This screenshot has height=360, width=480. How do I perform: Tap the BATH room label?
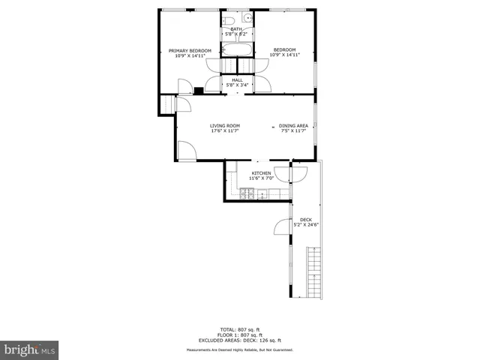[x=236, y=29]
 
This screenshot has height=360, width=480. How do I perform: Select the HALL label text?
[x=237, y=79]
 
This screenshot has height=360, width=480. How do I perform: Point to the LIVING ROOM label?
[x=224, y=125]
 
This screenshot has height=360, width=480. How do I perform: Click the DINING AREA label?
[x=293, y=125]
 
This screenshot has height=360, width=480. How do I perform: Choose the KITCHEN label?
[x=261, y=173]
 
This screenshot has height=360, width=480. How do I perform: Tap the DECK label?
[x=306, y=219]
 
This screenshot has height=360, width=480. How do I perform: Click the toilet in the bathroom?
[x=232, y=19]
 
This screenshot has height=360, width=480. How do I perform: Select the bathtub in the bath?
[x=238, y=51]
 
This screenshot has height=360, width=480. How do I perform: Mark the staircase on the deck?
[x=314, y=274]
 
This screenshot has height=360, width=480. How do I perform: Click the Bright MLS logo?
[x=29, y=349]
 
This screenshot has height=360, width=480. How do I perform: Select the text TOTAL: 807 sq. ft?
[x=239, y=329]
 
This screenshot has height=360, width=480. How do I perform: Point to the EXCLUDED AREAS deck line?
[x=239, y=340]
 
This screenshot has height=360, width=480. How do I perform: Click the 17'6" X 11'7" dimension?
[x=224, y=131]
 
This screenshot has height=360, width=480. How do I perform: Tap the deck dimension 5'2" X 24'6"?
[x=306, y=224]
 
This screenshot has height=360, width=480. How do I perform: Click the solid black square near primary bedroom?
[x=198, y=91]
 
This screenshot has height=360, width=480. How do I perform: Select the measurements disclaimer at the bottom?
[x=239, y=349]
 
